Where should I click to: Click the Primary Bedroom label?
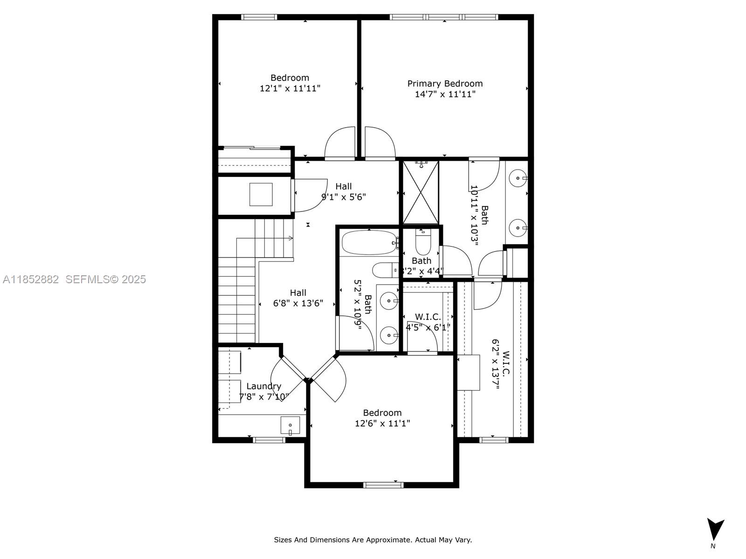[445, 83]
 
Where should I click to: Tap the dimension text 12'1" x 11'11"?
[290, 88]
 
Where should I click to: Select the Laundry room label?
[263, 386]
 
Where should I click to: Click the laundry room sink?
[290, 425]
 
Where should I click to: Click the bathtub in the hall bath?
[368, 242]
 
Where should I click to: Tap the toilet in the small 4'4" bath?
[423, 242]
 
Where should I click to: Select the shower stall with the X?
[421, 192]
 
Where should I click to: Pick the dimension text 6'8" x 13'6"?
[298, 303]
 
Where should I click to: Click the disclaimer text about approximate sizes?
[373, 540]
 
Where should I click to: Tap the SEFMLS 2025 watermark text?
[105, 279]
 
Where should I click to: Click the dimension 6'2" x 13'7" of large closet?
[496, 364]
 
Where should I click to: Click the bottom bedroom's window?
[383, 485]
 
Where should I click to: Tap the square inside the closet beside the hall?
[261, 194]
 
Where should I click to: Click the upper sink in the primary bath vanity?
[518, 178]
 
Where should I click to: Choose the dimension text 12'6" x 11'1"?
[382, 423]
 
